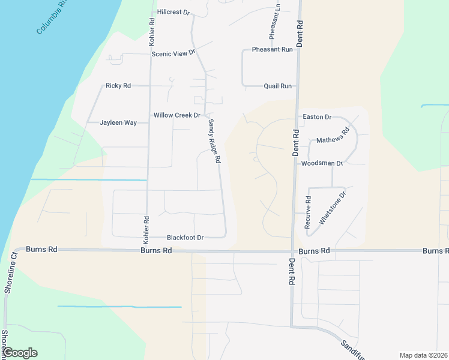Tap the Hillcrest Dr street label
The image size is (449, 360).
click(173, 12)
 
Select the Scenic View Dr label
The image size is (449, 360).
click(174, 53)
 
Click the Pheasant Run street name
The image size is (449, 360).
click(273, 49)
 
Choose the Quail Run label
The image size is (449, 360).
click(277, 86)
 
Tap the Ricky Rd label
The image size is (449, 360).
click(118, 86)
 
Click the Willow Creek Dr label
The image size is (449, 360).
click(176, 115)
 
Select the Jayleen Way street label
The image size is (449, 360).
click(118, 123)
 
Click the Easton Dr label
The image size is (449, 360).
click(317, 117)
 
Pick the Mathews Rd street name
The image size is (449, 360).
click(333, 139)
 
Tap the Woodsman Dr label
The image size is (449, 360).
click(322, 163)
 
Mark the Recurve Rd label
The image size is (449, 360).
click(307, 212)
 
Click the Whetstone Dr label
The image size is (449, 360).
click(333, 208)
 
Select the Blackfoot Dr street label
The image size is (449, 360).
click(185, 238)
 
